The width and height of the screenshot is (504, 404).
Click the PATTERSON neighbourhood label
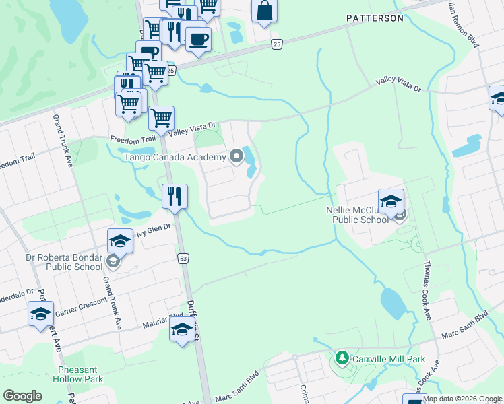click(375, 18)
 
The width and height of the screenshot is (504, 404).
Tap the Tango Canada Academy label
click(174, 158)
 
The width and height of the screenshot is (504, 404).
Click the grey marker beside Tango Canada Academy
click(236, 157)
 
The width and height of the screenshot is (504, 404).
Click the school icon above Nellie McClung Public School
click(391, 200)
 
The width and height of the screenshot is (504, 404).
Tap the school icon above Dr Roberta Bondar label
click(120, 240)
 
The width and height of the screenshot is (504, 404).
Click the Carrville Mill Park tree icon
click(343, 358)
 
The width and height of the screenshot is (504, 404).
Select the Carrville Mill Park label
click(387, 359)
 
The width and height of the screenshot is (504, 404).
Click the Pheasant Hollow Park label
click(80, 374)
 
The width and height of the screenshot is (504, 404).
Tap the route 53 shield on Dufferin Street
click(183, 259)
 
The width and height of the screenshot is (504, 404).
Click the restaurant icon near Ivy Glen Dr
click(175, 196)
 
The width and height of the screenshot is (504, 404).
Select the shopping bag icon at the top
click(264, 11)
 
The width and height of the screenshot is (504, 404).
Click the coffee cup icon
click(198, 38)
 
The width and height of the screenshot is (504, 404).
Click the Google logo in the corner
click(23, 396)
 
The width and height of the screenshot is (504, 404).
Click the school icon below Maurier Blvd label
click(182, 329)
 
